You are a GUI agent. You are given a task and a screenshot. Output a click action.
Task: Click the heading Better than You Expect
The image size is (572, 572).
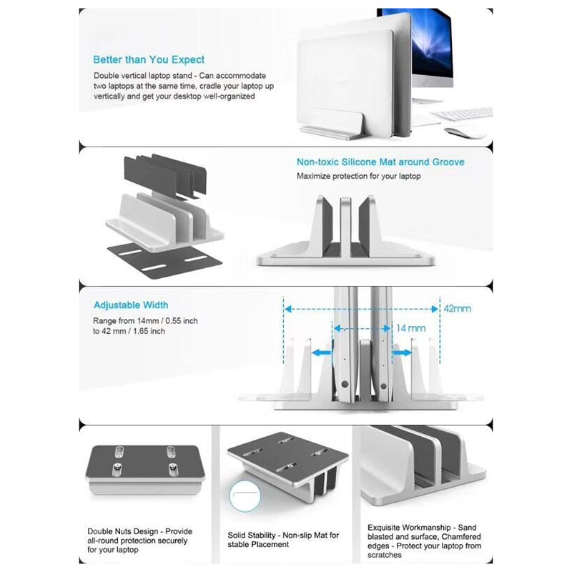coord(149,59)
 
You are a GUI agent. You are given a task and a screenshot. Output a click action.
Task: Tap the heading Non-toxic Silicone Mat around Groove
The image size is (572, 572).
coord(380,162)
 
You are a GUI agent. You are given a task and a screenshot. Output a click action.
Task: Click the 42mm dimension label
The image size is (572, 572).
coord(457,308)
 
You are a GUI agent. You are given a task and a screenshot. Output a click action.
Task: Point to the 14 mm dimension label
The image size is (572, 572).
coord(411,327)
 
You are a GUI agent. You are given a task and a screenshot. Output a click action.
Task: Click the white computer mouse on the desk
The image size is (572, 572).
coord(463,133)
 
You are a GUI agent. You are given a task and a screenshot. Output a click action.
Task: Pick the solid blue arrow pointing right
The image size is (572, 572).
coord(403,352)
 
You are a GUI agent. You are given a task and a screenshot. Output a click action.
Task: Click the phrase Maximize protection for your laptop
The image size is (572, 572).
coord(359,176)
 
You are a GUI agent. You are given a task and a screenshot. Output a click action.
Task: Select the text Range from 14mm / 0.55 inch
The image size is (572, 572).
coord(146,321)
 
